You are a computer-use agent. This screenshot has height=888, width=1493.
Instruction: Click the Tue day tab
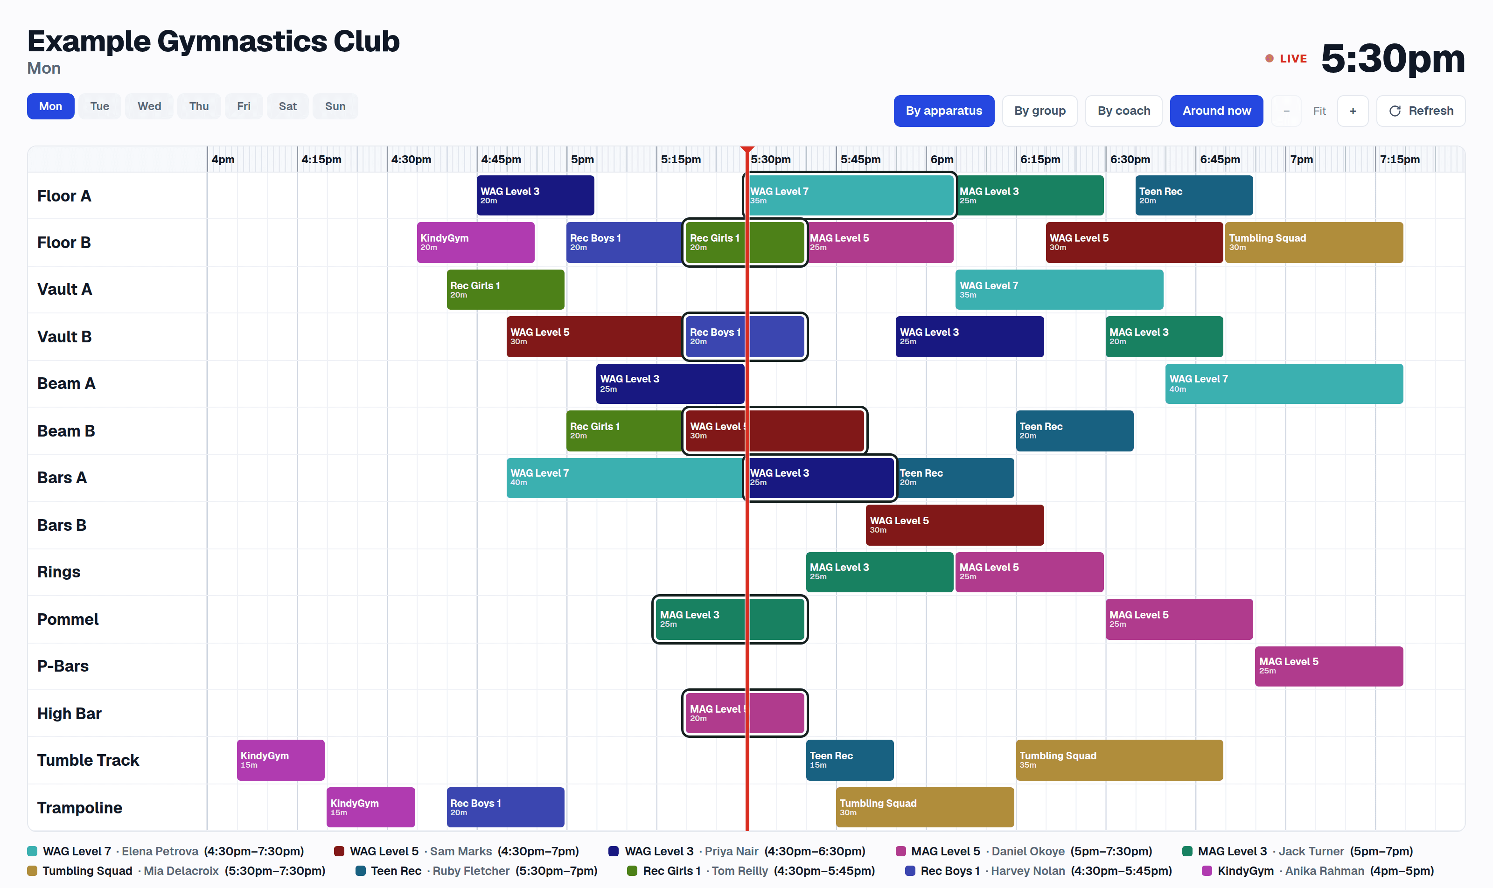click(99, 106)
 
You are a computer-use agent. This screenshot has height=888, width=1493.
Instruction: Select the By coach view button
click(1123, 111)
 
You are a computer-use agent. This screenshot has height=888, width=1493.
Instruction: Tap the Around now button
click(1216, 111)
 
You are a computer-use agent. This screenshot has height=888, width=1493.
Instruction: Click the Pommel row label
click(68, 619)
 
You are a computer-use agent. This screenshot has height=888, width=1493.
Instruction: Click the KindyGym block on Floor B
click(476, 243)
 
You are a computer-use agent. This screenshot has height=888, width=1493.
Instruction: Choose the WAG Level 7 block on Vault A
click(1059, 290)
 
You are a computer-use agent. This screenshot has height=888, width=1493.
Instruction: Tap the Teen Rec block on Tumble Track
click(850, 760)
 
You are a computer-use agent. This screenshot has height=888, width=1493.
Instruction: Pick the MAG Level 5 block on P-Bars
click(1329, 666)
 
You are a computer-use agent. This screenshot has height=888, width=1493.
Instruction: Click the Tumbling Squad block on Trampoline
click(925, 807)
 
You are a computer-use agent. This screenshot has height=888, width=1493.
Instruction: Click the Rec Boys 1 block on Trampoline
click(505, 807)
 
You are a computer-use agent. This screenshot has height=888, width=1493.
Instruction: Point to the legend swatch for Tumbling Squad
click(32, 871)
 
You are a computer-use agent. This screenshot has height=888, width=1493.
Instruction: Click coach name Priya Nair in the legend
click(731, 851)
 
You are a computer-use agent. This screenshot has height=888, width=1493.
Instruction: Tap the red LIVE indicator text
click(1293, 59)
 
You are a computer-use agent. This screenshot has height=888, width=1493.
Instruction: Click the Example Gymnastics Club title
click(213, 42)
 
